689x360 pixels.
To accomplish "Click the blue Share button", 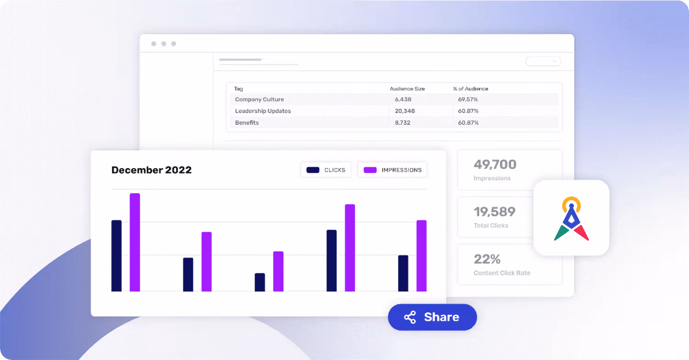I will (432, 317).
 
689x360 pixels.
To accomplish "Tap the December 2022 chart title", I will (152, 170).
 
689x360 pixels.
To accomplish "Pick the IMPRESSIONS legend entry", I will (393, 170).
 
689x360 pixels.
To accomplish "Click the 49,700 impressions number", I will (495, 164).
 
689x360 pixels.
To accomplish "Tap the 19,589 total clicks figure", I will (494, 212).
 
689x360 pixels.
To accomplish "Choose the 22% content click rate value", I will (487, 259).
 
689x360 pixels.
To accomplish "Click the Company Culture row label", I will (260, 100).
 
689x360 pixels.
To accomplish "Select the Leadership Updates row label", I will (263, 111).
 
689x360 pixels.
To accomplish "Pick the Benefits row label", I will (247, 123).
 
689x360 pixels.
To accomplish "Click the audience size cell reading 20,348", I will (404, 111).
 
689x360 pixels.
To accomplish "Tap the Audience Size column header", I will (407, 89).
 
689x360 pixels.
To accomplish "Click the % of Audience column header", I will (470, 89).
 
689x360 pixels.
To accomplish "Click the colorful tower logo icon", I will (571, 218).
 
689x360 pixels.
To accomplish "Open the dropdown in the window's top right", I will (543, 61).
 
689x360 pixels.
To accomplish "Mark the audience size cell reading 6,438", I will (403, 100).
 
